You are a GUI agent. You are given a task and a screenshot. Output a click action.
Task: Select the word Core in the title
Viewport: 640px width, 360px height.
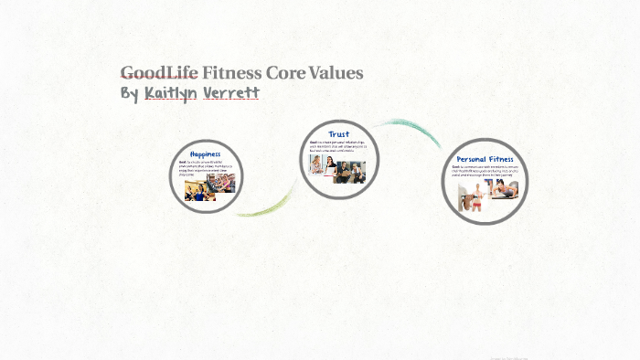281,73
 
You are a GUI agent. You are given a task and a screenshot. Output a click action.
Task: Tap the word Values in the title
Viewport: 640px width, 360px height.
334,73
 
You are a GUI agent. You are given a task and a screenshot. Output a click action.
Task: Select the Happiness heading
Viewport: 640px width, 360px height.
206,154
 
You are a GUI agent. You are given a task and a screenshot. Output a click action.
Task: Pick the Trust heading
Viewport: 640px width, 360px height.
338,134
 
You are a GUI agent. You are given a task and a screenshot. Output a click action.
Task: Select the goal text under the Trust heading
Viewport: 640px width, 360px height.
337,149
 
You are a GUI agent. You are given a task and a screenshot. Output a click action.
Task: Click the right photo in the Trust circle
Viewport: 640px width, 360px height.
350,171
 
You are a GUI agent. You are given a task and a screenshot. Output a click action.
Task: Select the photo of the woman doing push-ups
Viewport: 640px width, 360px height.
505,190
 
